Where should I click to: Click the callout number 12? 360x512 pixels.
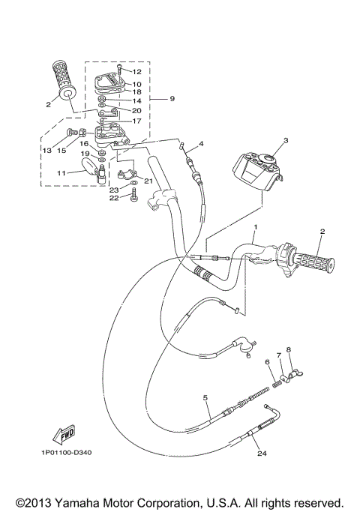pyautogui.click(x=136, y=72)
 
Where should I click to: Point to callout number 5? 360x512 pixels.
pyautogui.click(x=205, y=398)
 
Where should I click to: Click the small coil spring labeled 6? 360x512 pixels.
pyautogui.click(x=275, y=385)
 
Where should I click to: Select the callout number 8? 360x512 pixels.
pyautogui.click(x=288, y=349)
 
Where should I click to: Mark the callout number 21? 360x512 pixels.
pyautogui.click(x=148, y=180)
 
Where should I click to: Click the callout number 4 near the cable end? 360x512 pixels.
pyautogui.click(x=200, y=143)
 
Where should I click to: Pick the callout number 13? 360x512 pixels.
pyautogui.click(x=46, y=150)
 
